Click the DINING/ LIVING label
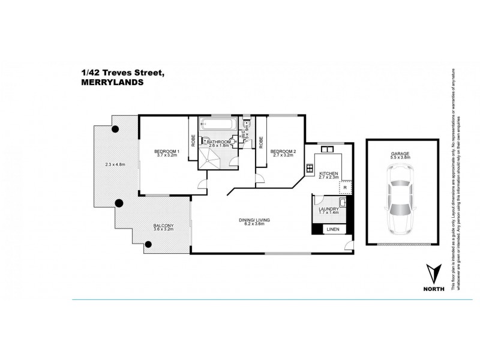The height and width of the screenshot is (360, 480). [255, 221]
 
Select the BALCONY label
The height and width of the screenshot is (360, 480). [164, 225]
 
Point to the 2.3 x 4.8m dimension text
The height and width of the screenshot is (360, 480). [116, 164]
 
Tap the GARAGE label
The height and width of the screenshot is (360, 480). [401, 154]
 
